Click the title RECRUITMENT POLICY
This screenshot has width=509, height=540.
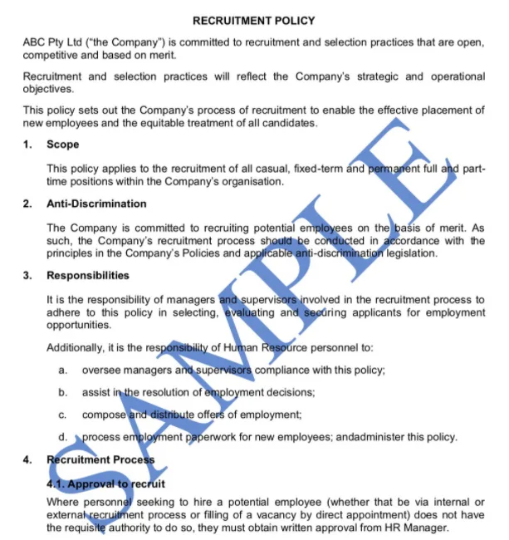point(253,20)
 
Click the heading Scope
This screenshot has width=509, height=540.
point(63,145)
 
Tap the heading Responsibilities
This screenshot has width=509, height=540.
point(88,275)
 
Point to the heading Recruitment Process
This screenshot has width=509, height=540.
point(100,459)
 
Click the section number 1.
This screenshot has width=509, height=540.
point(28,145)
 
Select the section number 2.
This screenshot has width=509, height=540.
point(28,204)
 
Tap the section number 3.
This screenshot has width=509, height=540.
point(28,275)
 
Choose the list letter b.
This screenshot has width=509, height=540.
point(63,392)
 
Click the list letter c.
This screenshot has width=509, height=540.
point(63,415)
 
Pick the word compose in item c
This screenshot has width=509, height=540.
point(103,415)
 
